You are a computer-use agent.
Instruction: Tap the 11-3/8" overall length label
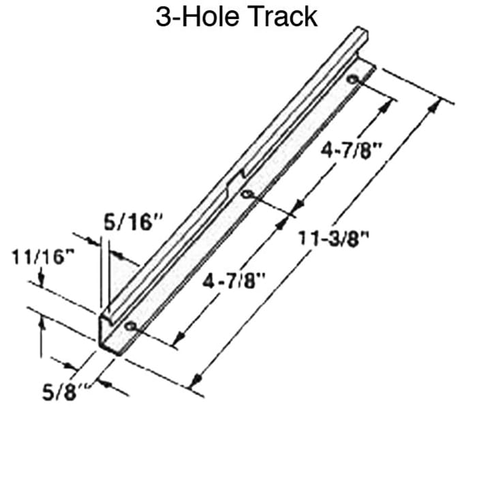click(334, 238)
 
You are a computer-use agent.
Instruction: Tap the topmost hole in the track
click(352, 80)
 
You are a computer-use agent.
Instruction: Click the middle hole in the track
click(247, 196)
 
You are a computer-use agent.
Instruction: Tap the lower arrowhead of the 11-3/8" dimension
click(196, 382)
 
